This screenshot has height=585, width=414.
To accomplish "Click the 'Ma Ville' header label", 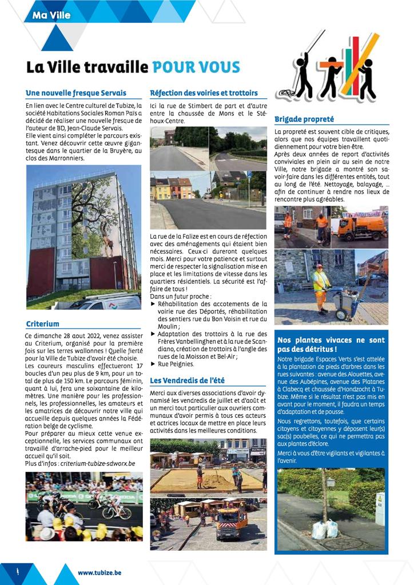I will (52, 15).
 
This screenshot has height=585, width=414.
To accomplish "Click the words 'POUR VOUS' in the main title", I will (196, 67).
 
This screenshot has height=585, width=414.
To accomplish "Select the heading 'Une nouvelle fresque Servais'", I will (76, 93).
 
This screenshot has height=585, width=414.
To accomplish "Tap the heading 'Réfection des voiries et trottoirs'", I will (204, 93).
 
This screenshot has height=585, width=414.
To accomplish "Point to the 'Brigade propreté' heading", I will (304, 120).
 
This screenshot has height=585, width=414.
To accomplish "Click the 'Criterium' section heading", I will (43, 324).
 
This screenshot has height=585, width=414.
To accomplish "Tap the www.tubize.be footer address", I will (99, 573).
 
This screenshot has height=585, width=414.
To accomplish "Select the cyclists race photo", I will (83, 506).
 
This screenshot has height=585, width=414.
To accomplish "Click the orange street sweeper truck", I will (362, 227).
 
